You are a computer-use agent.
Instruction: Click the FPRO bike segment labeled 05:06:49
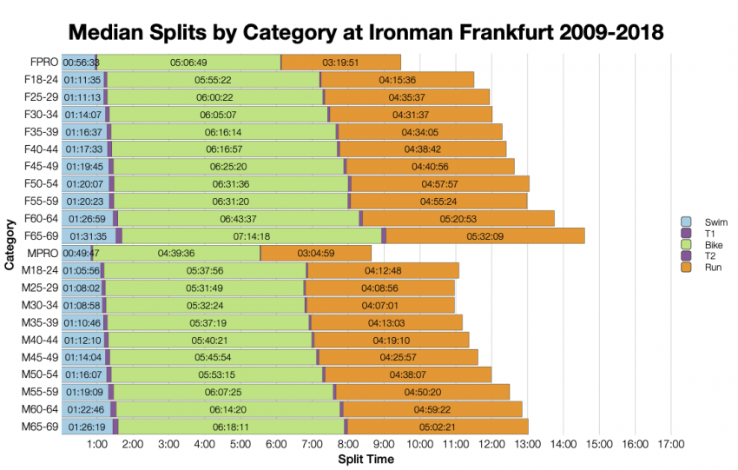[x=188, y=63]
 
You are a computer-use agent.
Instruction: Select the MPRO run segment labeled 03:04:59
[x=315, y=253]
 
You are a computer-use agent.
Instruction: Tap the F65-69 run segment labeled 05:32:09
[x=484, y=235]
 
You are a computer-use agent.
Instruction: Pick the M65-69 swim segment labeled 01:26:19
[x=84, y=427]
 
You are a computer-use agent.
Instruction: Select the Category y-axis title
[x=9, y=245]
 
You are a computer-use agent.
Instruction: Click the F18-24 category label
[x=41, y=79]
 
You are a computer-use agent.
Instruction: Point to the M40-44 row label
[x=40, y=340]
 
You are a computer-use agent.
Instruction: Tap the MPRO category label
[x=43, y=253]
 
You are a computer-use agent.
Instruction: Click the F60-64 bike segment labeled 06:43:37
[x=238, y=218]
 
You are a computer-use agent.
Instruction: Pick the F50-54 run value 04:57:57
[x=439, y=183]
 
